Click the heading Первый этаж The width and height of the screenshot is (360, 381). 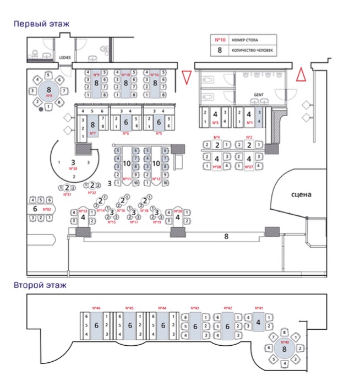[42, 24]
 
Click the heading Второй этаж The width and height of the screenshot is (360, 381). [40, 285]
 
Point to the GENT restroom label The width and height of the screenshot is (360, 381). [258, 95]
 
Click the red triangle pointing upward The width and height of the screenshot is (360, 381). [301, 75]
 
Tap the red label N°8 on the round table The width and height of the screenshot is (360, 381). [50, 96]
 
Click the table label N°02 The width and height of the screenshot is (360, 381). [47, 209]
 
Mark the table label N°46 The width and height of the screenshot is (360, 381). [96, 308]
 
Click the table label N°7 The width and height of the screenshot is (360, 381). [92, 133]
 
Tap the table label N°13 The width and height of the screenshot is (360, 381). [84, 210]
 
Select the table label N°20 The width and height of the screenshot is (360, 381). [178, 210]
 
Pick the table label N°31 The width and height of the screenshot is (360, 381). [68, 194]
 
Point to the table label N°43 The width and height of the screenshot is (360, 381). [195, 308]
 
